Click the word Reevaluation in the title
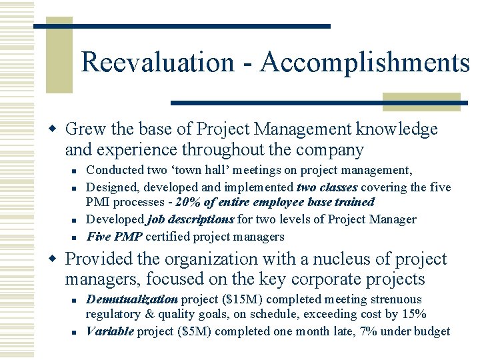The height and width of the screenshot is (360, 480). [x=157, y=63]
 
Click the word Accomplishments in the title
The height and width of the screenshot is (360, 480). [x=365, y=63]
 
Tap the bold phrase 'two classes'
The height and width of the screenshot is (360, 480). [x=327, y=187]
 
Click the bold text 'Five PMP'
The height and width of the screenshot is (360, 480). [x=115, y=237]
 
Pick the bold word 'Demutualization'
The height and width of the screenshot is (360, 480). [x=132, y=299]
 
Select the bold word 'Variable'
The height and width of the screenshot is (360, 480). [x=110, y=331]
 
